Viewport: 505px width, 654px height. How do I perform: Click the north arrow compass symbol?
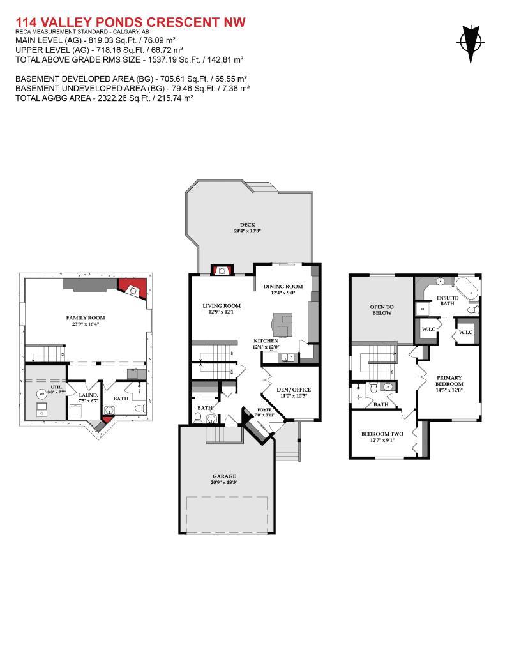coord(470,43)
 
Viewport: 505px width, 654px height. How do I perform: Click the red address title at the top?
coord(130,22)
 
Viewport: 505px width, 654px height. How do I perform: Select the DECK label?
coord(248,224)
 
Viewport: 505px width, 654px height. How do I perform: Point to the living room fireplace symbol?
coord(221,270)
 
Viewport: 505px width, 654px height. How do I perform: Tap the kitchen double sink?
coord(289,358)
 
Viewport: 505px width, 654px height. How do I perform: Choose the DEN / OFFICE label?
coord(292,390)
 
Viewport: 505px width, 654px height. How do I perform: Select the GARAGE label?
coord(224,476)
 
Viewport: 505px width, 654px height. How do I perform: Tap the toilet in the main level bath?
coord(198,418)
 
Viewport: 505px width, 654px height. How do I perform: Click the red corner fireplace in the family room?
coord(133,289)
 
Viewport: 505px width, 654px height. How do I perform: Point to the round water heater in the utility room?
coord(41,394)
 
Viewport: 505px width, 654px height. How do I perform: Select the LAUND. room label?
coord(88,395)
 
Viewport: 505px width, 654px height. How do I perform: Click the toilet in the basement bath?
coord(141,406)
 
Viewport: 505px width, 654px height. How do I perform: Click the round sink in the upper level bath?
coord(387,387)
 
